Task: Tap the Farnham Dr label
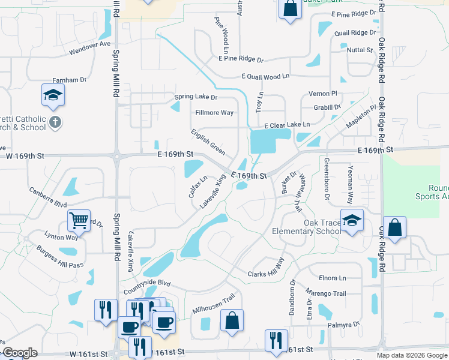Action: pyautogui.click(x=70, y=79)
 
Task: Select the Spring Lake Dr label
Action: pyautogui.click(x=196, y=97)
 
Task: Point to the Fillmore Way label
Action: pyautogui.click(x=214, y=113)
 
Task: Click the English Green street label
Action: pyautogui.click(x=208, y=142)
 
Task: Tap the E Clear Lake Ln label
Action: pyautogui.click(x=287, y=125)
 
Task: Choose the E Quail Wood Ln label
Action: pyautogui.click(x=265, y=77)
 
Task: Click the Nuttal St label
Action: pyautogui.click(x=360, y=50)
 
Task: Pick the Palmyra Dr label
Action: pyautogui.click(x=343, y=325)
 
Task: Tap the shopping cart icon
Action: pyautogui.click(x=79, y=220)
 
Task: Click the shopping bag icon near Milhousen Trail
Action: pyautogui.click(x=232, y=320)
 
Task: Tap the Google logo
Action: pyautogui.click(x=20, y=353)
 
